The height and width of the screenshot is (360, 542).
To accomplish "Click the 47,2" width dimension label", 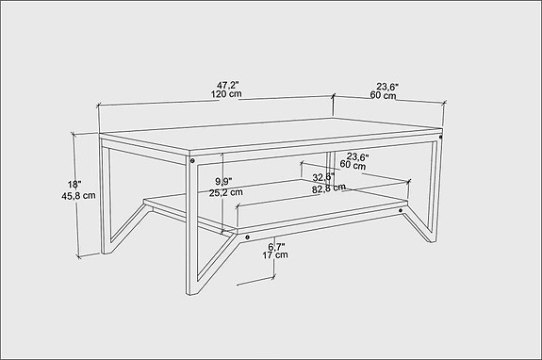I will pyautogui.click(x=225, y=84).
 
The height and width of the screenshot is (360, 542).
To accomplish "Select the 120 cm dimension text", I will pyautogui.click(x=225, y=95).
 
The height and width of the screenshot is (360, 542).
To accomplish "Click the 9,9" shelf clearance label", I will pyautogui.click(x=224, y=180).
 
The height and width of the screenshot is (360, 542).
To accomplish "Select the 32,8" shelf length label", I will pyautogui.click(x=323, y=176).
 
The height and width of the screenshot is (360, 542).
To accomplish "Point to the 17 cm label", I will pyautogui.click(x=275, y=255).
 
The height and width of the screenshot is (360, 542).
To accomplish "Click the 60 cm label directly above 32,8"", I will pyautogui.click(x=353, y=165).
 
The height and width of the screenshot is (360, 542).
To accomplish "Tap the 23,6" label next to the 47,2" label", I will pyautogui.click(x=384, y=85).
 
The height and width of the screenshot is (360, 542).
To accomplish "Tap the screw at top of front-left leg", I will pyautogui.click(x=193, y=162).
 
